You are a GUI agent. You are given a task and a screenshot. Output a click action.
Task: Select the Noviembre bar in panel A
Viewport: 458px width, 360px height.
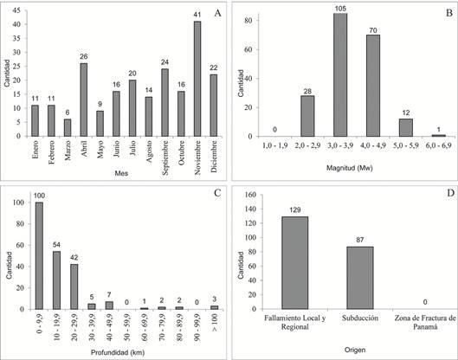click(197, 79)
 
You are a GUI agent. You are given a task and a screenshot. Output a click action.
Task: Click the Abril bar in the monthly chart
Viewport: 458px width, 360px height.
click(84, 100)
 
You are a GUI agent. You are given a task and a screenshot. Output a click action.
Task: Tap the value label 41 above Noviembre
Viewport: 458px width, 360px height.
click(197, 15)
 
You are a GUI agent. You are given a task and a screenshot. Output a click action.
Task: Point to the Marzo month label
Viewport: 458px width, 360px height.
click(68, 151)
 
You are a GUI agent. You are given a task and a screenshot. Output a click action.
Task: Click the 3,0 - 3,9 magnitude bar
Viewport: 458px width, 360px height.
click(340, 74)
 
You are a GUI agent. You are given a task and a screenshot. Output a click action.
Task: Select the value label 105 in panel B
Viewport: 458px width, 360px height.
click(340, 9)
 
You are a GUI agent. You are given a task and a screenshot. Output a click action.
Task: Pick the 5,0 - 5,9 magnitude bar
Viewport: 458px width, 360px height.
click(406, 127)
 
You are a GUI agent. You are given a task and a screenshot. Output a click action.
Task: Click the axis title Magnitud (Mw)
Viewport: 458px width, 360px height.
click(349, 168)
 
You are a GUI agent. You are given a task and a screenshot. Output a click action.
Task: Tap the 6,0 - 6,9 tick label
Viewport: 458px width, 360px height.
click(439, 145)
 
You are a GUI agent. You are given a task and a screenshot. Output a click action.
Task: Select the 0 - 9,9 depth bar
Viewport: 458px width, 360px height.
click(39, 255)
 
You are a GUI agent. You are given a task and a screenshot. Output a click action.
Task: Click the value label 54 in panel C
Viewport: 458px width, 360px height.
click(56, 245)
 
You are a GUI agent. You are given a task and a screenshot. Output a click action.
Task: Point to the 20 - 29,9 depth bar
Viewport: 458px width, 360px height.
click(74, 286)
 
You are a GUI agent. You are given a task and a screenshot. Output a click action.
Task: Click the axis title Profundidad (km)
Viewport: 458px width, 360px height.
click(118, 353)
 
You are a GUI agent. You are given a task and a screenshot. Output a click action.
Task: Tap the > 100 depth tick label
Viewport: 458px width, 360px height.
click(215, 323)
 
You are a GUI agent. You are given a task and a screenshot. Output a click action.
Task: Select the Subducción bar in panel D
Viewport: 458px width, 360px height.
click(360, 278)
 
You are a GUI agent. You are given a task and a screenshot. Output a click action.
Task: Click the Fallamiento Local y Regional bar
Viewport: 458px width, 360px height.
click(295, 263)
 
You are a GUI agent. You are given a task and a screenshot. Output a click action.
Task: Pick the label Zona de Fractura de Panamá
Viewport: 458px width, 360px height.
click(425, 322)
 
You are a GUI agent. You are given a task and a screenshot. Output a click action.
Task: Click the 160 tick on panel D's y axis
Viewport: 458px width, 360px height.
click(251, 195)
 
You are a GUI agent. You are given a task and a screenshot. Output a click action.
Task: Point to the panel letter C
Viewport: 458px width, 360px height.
click(217, 193)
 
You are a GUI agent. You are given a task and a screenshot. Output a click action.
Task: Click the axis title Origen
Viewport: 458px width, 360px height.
click(355, 350)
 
